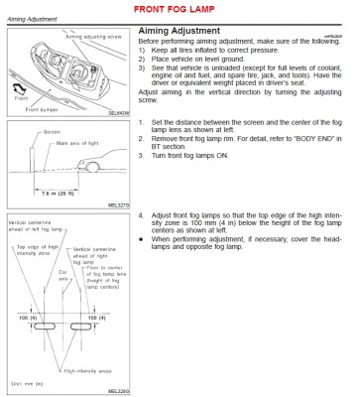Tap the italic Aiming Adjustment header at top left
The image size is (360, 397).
pyautogui.click(x=35, y=19)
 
